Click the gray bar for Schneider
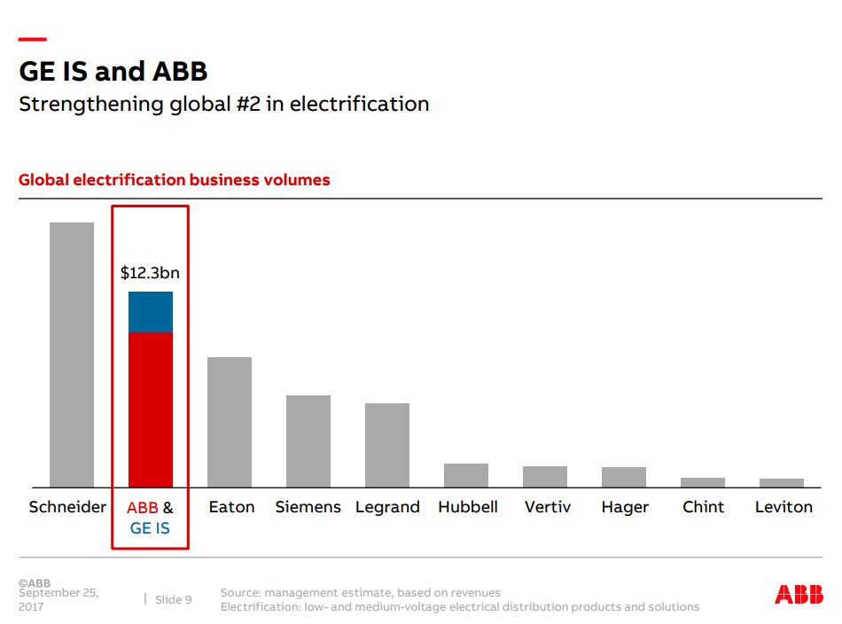coord(72,355)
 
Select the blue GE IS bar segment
coord(151,312)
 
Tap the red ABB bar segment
coord(151,409)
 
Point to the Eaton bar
coord(230,422)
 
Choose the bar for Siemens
coord(308,441)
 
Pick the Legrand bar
coord(387,445)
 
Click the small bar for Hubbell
coord(466,475)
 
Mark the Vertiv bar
coord(545,477)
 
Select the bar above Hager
coord(624,477)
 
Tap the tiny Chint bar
coord(703,482)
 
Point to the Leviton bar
coord(782,483)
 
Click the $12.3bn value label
coord(150,273)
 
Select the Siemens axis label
coord(308,507)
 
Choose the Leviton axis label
coord(784,507)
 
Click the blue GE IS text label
coord(150,528)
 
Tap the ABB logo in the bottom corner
coord(799,595)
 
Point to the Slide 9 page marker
coord(173,600)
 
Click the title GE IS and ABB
coord(113,71)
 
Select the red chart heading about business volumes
coord(175,180)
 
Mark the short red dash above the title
coord(32,39)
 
